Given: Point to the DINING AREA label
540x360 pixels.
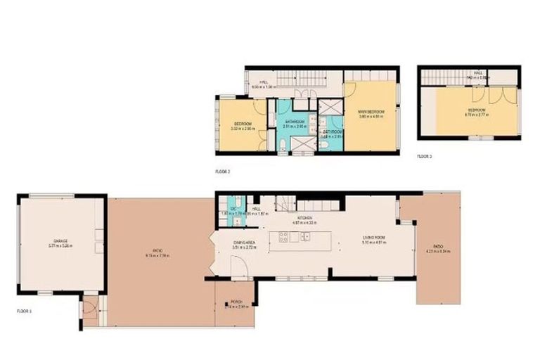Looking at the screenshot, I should (x=243, y=242).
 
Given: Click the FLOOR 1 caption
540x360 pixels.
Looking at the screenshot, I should (x=24, y=310).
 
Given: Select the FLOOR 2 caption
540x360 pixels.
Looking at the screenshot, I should (x=223, y=171).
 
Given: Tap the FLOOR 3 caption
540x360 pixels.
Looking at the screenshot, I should (x=424, y=156).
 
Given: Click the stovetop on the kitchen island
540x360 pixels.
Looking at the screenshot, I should (x=285, y=238).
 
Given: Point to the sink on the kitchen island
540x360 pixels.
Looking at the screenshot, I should (x=307, y=237).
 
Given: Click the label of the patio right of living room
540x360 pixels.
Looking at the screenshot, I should (x=438, y=246).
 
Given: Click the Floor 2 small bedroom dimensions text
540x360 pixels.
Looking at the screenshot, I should (x=242, y=129).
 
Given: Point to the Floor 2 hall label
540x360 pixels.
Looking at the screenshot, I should (x=264, y=83).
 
